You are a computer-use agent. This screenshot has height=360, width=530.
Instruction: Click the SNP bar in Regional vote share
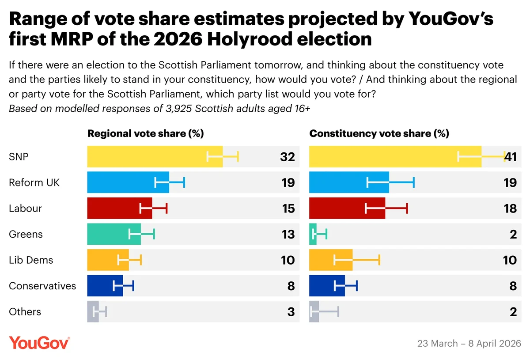(155, 156)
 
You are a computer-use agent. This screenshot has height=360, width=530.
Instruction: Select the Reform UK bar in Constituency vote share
(349, 182)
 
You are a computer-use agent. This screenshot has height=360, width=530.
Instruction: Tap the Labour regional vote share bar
(119, 208)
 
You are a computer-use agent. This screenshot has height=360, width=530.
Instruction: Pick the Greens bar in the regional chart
(114, 234)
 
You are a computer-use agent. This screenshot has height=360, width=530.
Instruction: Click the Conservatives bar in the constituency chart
(327, 286)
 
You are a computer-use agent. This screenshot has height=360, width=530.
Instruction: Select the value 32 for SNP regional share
(288, 157)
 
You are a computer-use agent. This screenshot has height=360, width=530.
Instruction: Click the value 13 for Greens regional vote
(288, 234)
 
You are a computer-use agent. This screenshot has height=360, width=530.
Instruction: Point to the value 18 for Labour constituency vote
(510, 208)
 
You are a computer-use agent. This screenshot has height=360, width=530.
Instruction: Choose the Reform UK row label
(34, 182)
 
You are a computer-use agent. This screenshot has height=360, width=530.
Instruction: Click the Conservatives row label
(42, 286)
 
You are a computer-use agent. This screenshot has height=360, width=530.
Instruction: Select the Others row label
(25, 312)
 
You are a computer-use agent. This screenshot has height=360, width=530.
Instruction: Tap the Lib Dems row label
(31, 260)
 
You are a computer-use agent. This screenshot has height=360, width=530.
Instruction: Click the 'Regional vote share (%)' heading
(145, 134)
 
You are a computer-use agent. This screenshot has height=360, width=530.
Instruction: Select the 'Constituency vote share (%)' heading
(379, 134)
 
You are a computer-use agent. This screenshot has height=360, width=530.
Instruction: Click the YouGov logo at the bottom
(39, 343)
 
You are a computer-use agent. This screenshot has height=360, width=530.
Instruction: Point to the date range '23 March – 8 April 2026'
(469, 343)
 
